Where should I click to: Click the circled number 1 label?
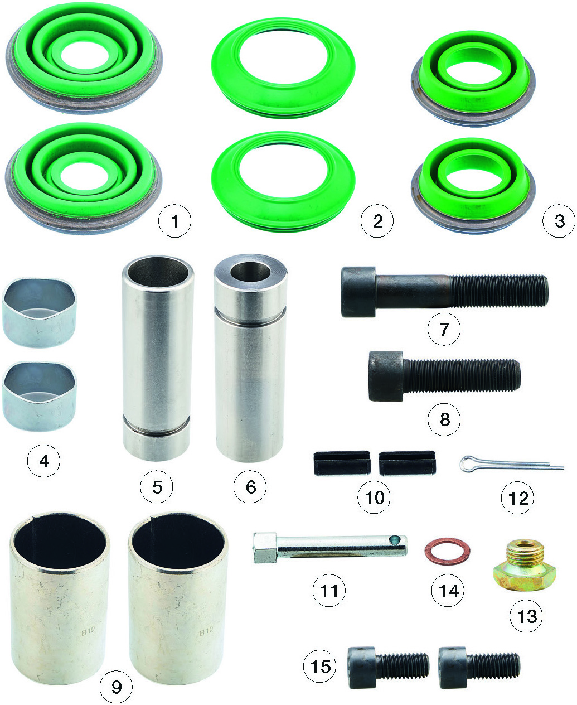pyautogui.click(x=174, y=221)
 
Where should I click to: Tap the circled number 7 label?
pyautogui.click(x=444, y=329)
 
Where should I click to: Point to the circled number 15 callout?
pyautogui.click(x=320, y=667)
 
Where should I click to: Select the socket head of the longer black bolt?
pyautogui.click(x=358, y=292)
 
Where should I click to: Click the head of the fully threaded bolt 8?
pyautogui.click(x=386, y=376)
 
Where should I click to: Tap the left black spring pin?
pyautogui.click(x=342, y=462)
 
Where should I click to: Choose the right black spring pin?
pyautogui.click(x=408, y=462)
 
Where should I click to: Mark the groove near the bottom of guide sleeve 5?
pyautogui.click(x=156, y=424)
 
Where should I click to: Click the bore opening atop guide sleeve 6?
pyautogui.click(x=250, y=272)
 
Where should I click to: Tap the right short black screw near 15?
pyautogui.click(x=479, y=668)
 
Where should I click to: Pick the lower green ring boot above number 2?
pyautogui.click(x=283, y=181)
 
